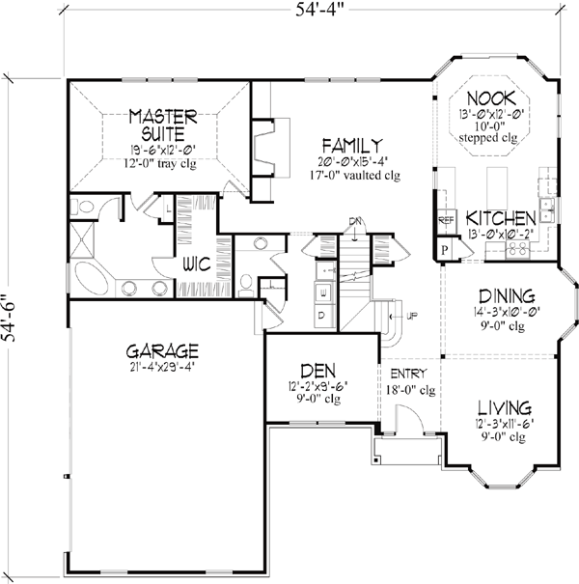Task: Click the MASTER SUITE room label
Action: tap(163, 125)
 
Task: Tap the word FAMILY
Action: tap(348, 145)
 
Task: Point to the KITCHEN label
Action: tap(501, 218)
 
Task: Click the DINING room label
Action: tap(503, 298)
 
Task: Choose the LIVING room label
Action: tap(503, 408)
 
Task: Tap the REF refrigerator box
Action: tap(446, 220)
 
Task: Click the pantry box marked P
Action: tap(445, 248)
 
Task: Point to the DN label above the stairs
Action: tap(356, 221)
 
